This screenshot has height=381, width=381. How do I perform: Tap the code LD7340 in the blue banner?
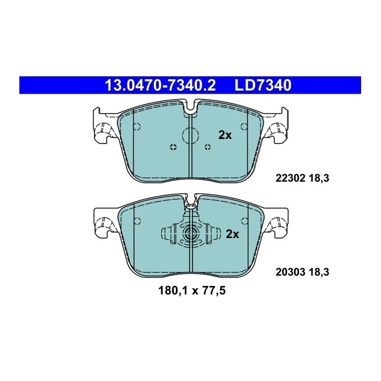coord(263,85)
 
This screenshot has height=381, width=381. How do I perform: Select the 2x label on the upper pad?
coord(225,135)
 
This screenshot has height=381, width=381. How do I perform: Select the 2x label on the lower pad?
coord(232,233)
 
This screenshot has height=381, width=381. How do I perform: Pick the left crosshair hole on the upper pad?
coord(173,147)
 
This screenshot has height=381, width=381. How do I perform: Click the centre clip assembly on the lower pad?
coord(190,234)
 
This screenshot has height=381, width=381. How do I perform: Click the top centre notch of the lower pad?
coord(190,201)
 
